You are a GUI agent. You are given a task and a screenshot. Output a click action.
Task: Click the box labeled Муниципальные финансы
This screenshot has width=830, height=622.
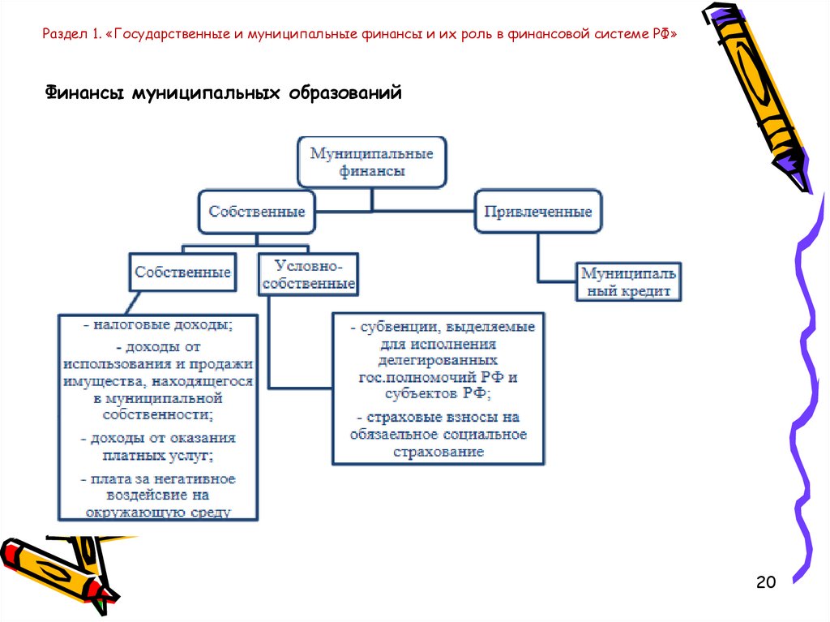click(x=372, y=162)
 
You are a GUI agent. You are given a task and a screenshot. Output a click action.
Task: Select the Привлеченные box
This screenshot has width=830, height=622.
click(x=538, y=212)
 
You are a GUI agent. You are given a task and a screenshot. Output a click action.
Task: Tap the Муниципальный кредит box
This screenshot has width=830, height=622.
click(x=628, y=281)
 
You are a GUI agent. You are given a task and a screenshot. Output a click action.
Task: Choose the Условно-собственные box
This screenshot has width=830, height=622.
click(x=309, y=275)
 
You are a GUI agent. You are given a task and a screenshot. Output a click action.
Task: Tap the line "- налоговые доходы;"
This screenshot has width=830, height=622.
click(x=157, y=325)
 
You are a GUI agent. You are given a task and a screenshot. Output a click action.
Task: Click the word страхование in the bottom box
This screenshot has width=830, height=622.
click(x=438, y=452)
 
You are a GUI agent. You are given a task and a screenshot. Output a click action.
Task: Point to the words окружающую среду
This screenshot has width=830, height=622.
click(x=157, y=512)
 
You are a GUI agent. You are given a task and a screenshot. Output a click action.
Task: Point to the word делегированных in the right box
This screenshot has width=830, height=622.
click(x=438, y=359)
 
